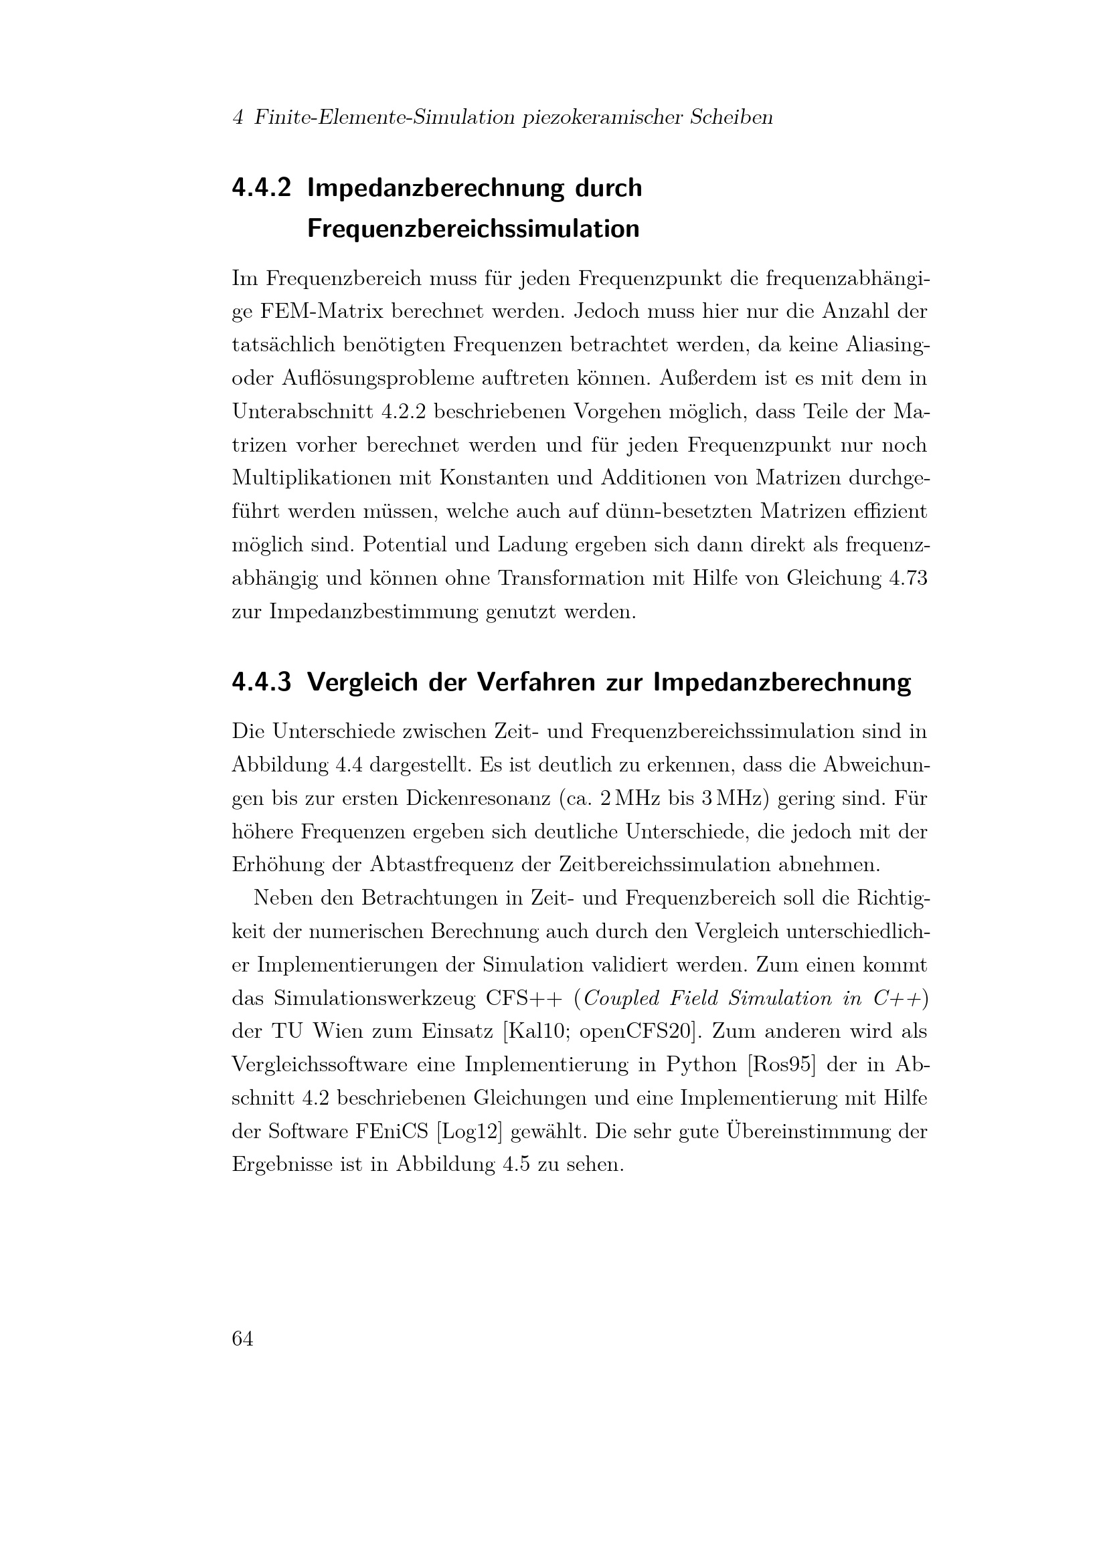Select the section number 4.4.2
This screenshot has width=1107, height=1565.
click(x=262, y=187)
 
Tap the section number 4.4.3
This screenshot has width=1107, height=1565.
click(x=262, y=682)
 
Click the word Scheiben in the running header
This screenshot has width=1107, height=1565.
click(x=732, y=118)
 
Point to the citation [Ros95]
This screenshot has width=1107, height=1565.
click(x=782, y=1065)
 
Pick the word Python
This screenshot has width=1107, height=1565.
click(x=701, y=1065)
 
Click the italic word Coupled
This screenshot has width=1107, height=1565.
click(x=622, y=998)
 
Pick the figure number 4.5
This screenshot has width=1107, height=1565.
click(x=517, y=1166)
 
